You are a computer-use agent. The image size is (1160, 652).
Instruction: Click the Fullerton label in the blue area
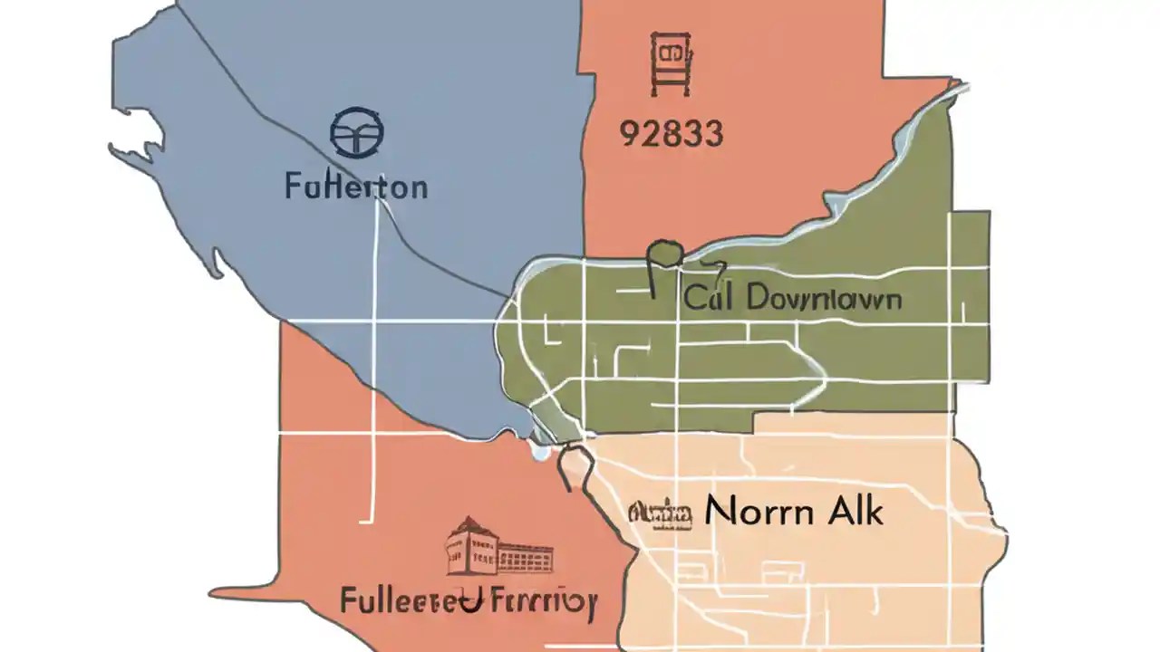356,187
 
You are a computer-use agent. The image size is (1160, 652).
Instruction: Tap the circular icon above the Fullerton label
356,132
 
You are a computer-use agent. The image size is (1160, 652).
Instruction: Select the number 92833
671,134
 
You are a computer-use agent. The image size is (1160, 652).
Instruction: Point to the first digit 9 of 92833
628,134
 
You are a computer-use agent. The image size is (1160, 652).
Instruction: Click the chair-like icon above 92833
669,63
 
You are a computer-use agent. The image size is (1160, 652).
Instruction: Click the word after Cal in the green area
821,299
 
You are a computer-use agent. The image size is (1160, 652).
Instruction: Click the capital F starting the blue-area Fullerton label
293,187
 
